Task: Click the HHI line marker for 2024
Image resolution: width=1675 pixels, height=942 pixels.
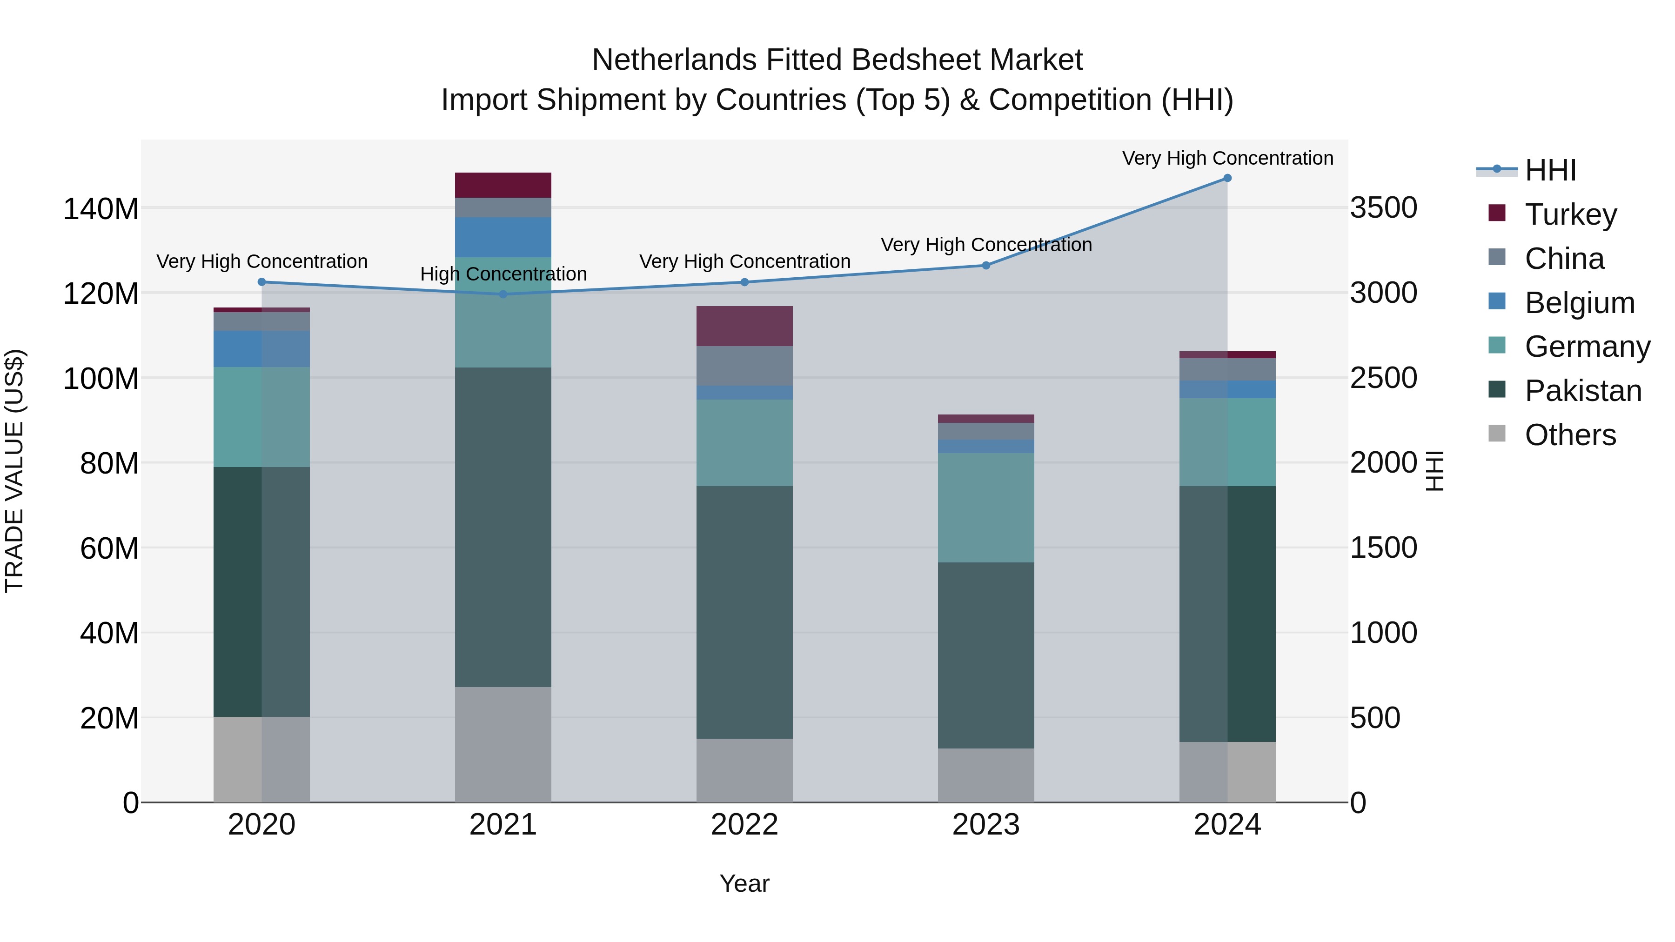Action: point(1227,178)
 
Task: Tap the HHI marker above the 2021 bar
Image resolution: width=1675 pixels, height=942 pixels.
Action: point(503,294)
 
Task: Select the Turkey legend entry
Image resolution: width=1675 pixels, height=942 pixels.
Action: point(1570,214)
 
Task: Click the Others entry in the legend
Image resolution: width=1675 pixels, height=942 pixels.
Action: point(1570,435)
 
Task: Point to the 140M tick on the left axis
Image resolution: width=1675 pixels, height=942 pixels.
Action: point(101,209)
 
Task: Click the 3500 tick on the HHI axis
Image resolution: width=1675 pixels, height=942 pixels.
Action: point(1383,208)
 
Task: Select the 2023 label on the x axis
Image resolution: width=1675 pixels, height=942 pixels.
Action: point(986,825)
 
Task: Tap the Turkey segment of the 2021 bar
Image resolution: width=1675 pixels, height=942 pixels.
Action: point(503,185)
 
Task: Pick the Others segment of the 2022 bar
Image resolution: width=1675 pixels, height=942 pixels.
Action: point(744,770)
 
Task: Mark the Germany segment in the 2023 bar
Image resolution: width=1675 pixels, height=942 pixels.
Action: point(986,508)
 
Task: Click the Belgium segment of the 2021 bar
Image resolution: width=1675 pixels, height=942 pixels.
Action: point(503,237)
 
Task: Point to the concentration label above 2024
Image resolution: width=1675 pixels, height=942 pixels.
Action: point(1227,158)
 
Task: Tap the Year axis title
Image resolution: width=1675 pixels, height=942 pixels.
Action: point(744,883)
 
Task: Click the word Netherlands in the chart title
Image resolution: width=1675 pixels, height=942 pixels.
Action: point(674,60)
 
